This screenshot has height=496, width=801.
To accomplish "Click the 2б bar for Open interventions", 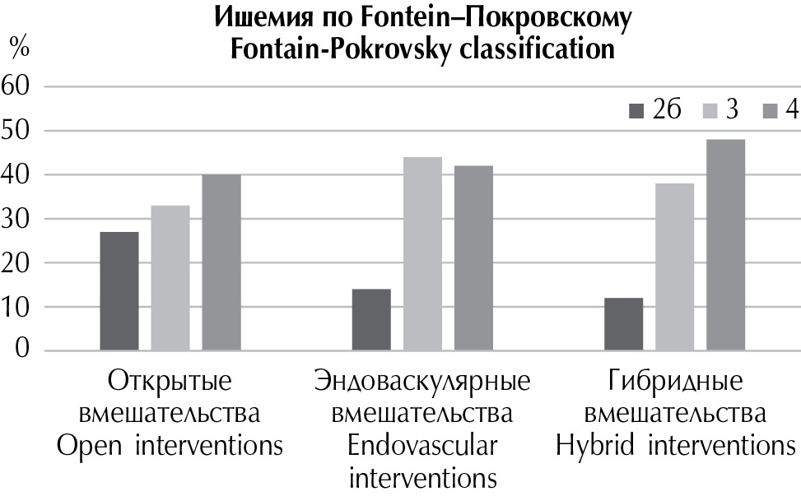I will pos(119,291).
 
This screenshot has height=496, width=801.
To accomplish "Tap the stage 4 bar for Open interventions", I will pos(221,262).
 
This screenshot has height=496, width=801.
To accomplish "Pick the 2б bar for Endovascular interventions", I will pos(371,320).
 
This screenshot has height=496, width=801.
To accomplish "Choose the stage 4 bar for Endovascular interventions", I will pos(473,258).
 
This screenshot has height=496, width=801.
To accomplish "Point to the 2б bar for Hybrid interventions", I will pos(623,324).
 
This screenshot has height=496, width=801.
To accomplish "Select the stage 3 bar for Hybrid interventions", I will pos(674,267).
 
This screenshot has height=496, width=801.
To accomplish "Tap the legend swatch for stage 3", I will pos(711,111).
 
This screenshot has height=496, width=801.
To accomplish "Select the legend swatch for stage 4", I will pos(771,111).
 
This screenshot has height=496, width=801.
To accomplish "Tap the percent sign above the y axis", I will pos(18,47).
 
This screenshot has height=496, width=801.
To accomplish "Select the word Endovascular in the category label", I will pos(422,447).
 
